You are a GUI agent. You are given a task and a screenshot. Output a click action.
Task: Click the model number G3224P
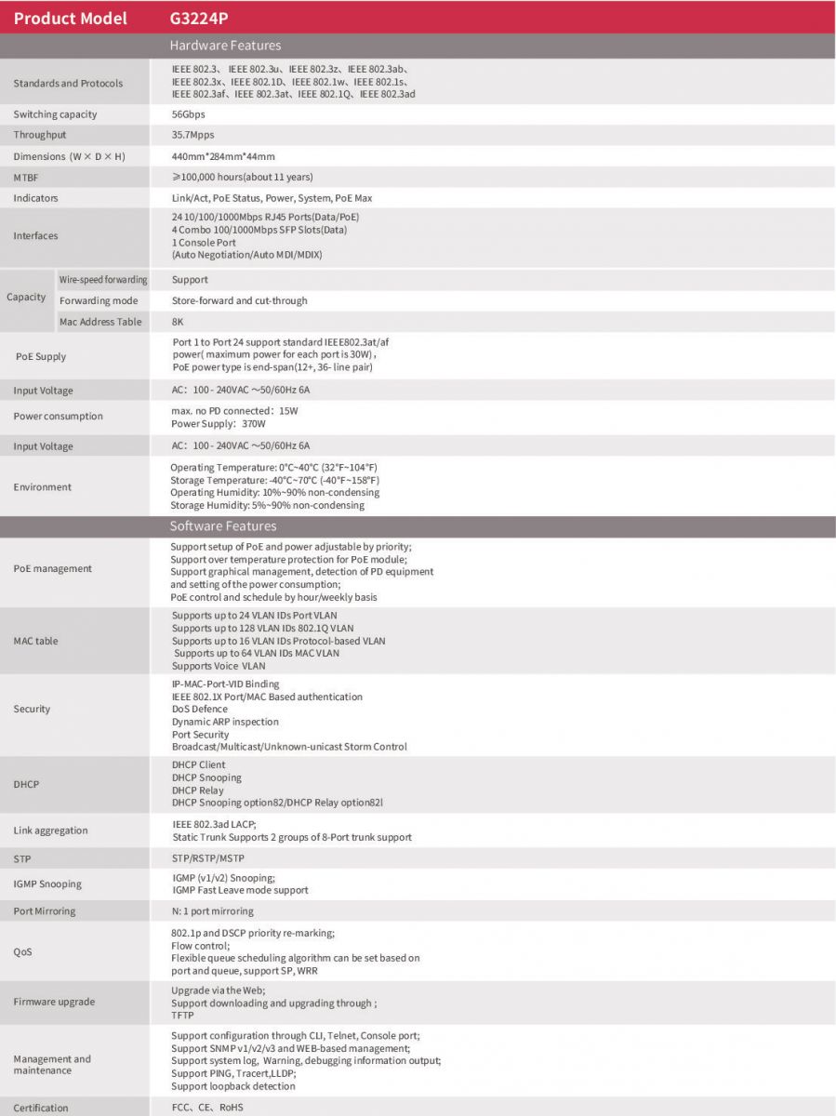tap(198, 18)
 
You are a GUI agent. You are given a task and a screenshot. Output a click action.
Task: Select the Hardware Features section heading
tap(225, 45)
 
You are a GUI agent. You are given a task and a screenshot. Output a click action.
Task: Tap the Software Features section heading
tap(223, 526)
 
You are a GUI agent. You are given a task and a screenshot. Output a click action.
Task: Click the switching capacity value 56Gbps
tap(189, 114)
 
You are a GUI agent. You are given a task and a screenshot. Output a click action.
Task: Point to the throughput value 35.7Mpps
tap(192, 135)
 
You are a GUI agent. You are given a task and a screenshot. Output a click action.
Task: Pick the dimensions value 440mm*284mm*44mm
tap(223, 156)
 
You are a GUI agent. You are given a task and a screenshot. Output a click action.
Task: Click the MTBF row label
tap(26, 177)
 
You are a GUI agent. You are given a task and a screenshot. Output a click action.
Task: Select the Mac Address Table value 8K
tap(178, 322)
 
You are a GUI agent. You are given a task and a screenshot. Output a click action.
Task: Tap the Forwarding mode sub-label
tap(99, 300)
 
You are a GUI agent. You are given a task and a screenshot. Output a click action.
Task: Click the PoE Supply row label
tap(41, 356)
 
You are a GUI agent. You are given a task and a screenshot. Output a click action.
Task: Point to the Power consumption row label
tap(58, 416)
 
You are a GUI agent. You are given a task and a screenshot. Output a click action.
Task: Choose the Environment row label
tap(42, 486)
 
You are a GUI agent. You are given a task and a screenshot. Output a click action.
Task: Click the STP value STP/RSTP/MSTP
tap(208, 858)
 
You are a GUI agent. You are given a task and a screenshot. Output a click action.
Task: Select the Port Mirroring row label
tap(45, 910)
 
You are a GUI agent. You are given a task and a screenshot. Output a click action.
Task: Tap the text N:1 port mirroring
tap(212, 910)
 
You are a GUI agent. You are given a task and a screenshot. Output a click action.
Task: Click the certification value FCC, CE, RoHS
tap(206, 1108)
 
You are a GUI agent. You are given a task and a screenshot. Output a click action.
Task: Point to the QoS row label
tap(22, 951)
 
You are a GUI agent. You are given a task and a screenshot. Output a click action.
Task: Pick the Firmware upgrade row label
tap(54, 1002)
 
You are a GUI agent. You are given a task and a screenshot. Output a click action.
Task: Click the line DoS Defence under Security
tap(199, 709)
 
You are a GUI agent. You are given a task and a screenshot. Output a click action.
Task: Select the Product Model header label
tap(71, 18)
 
